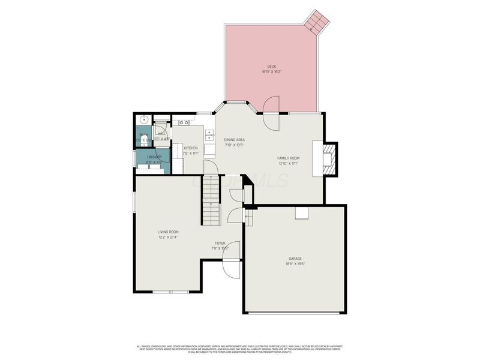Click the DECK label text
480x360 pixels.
[272, 66]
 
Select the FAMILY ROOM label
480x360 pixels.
[289, 158]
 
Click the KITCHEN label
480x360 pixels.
[191, 148]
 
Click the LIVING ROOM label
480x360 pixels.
[168, 232]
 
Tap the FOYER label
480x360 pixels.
[220, 243]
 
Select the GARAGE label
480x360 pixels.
[295, 259]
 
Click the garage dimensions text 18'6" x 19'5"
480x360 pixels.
[295, 264]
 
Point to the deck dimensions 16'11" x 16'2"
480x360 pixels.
[272, 72]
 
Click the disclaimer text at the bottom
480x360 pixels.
[240, 348]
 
